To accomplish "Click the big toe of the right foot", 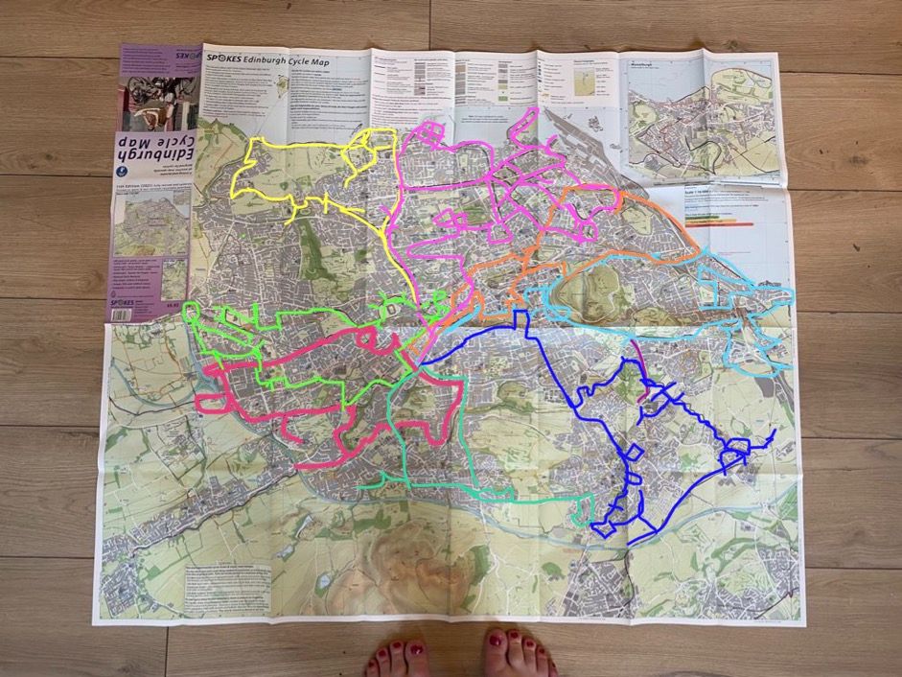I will tap(493, 642).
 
